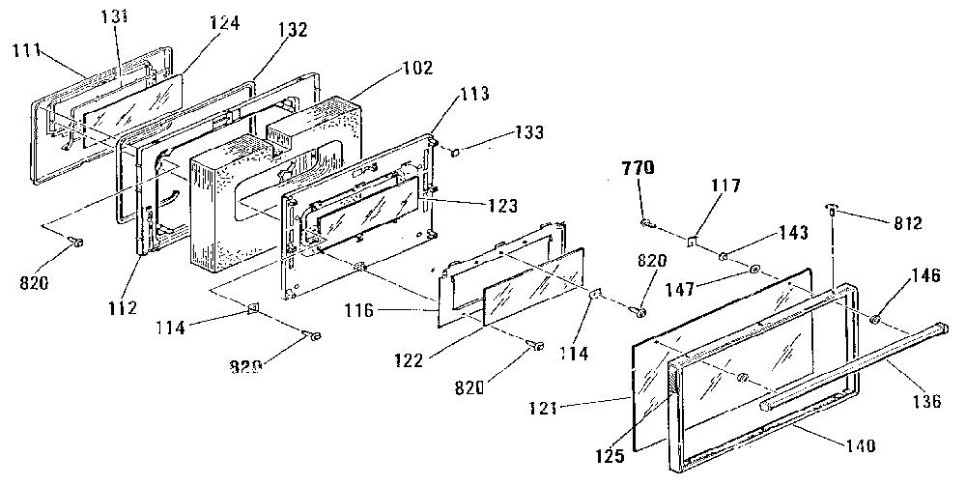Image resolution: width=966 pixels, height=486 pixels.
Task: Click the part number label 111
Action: [26, 51]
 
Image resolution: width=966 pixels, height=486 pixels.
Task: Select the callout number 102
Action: [419, 67]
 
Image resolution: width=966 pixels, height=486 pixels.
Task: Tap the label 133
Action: [529, 132]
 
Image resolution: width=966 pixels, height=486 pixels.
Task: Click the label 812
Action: [908, 223]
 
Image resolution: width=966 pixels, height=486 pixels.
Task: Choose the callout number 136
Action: [927, 402]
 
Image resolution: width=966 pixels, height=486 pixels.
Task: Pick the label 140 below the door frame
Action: [861, 444]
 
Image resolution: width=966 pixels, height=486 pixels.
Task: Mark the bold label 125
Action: [611, 456]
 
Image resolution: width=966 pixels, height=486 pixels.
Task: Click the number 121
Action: [542, 409]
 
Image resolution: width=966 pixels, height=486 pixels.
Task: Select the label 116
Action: [359, 310]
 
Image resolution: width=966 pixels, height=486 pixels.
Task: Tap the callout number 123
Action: [502, 205]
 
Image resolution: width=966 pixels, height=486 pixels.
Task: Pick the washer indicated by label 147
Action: [754, 270]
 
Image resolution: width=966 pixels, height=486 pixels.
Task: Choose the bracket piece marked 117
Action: [692, 241]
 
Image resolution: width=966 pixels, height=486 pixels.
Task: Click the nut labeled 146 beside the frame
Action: [874, 320]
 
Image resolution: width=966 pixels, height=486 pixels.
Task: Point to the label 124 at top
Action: [224, 23]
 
